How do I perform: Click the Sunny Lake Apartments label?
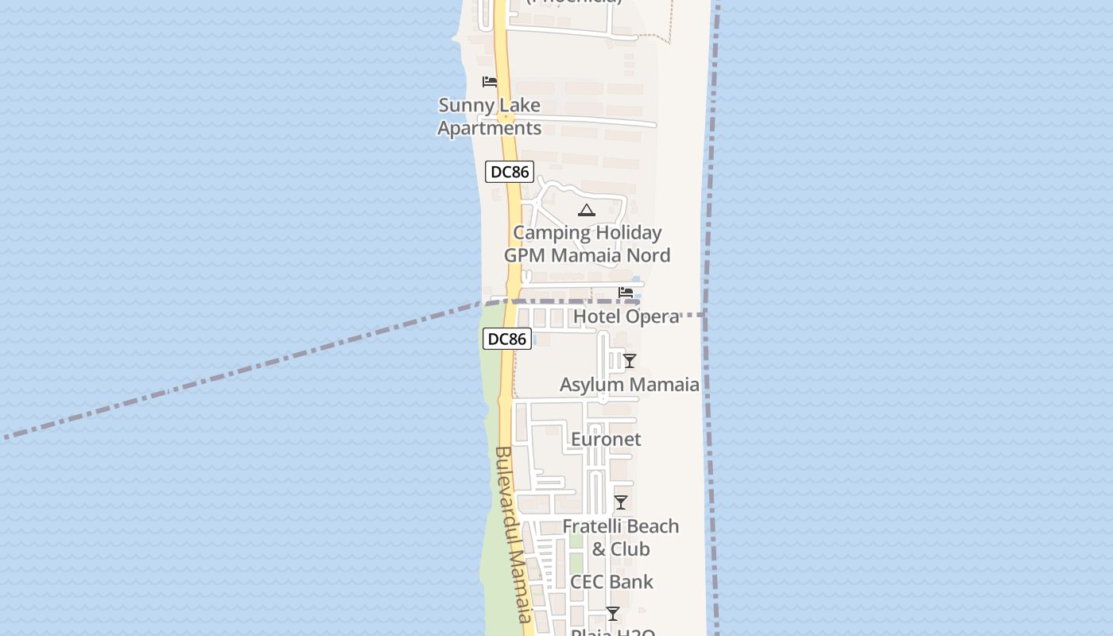click(490, 116)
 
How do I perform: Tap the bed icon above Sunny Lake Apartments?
click(490, 82)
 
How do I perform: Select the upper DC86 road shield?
click(510, 171)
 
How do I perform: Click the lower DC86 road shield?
click(506, 339)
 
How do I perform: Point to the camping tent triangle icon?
click(587, 211)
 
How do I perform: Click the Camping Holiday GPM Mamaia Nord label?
click(587, 244)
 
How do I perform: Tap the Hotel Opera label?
click(626, 316)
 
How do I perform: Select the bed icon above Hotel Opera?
click(626, 293)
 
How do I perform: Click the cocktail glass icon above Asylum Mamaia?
click(629, 361)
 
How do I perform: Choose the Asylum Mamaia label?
click(630, 385)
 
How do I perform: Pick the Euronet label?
click(606, 439)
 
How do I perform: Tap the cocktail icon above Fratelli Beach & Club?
click(621, 502)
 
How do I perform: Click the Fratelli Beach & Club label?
click(621, 537)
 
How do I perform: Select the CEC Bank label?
click(612, 582)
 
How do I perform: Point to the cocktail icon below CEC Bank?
click(613, 614)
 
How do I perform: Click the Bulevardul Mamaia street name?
click(513, 534)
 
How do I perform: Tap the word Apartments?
click(490, 128)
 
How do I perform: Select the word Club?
click(630, 549)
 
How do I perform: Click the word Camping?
click(548, 233)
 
